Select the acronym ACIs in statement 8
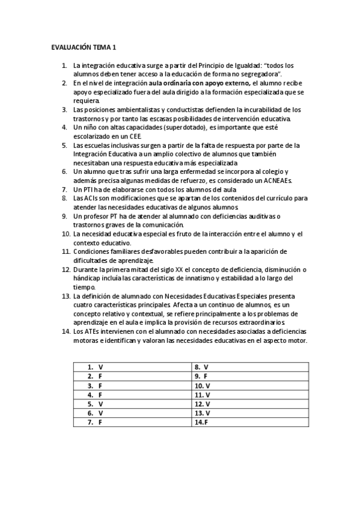pyautogui.click(x=90, y=198)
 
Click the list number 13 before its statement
pyautogui.click(x=66, y=296)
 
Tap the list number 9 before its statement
pyautogui.click(x=65, y=216)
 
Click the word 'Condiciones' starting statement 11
pyautogui.click(x=93, y=251)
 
